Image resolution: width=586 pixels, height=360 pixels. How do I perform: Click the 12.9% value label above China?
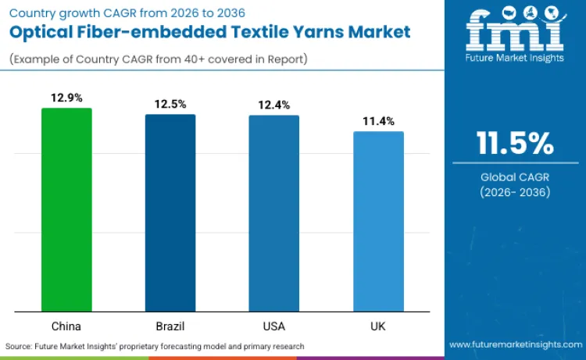coord(66,97)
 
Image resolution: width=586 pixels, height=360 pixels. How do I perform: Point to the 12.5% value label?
coord(170,103)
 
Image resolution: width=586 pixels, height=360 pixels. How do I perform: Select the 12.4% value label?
coord(274,104)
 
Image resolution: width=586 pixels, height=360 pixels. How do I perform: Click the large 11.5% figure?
coord(515,144)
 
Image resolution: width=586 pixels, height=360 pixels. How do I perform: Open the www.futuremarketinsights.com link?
coord(515,344)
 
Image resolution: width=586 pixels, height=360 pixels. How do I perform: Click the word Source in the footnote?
coord(20,345)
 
